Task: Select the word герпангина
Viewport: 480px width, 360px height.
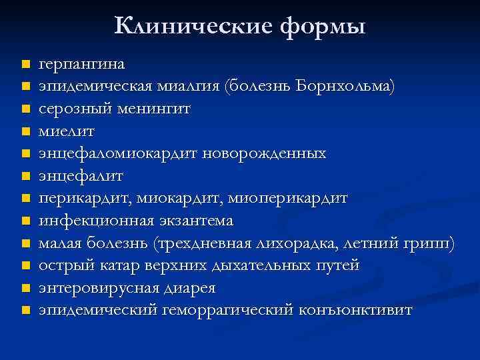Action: (81, 65)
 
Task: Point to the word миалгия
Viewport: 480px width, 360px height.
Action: (189, 87)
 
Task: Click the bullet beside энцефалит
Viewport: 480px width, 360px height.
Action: (25, 176)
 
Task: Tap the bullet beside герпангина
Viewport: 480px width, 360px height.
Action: (25, 65)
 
